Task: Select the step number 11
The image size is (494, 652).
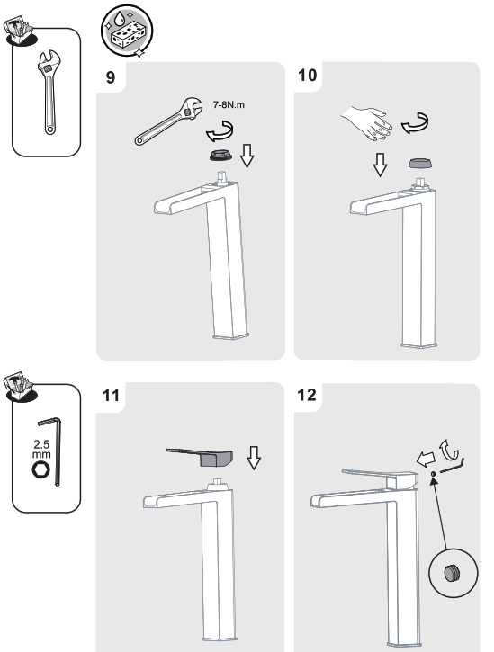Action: coord(110,394)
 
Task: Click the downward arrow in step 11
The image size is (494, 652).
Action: coord(253,460)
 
